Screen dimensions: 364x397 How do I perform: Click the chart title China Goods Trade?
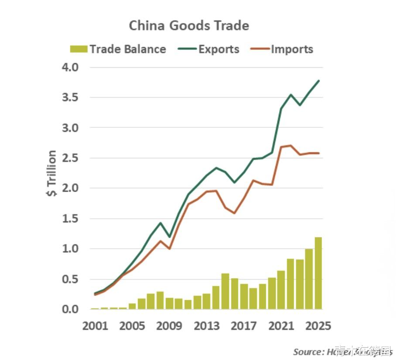189,26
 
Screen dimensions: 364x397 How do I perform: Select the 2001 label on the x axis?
95,326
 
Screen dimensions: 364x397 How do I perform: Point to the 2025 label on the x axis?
318,326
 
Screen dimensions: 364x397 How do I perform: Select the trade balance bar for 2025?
318,273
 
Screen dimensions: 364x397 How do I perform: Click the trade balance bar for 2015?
225,291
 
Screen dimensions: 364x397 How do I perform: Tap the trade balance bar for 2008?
160,300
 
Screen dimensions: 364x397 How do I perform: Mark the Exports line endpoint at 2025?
319,81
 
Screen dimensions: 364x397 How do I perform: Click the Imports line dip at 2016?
234,213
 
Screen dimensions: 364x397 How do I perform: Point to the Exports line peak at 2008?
160,223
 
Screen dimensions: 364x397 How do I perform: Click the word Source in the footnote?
307,352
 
